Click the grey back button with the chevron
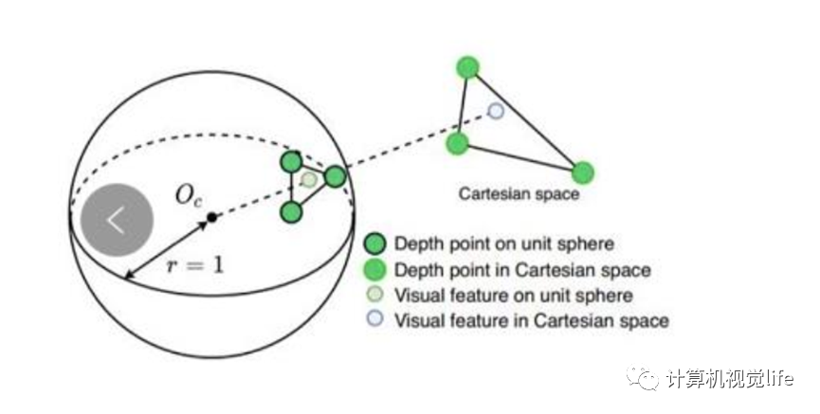117,219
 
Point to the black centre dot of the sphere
212,218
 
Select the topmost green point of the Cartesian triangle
467,67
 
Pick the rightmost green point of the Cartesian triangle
582,172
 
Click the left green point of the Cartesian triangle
457,144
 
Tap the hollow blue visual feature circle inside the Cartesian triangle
495,111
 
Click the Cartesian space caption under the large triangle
519,195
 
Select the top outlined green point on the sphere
291,162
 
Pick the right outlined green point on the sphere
335,176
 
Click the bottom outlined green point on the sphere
291,210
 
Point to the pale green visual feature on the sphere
309,179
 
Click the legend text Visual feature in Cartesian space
532,320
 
